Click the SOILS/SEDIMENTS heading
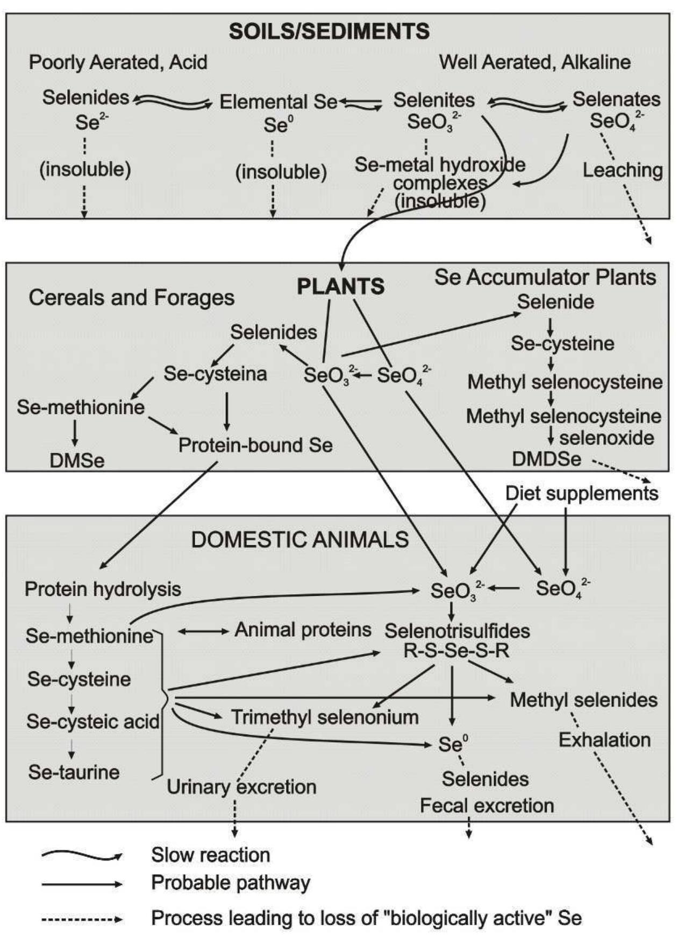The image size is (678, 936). pos(329,31)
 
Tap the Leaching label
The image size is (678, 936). pos(623,170)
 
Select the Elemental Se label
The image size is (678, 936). pos(278,102)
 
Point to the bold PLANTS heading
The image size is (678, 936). pos(341,286)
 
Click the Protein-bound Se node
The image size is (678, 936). pos(255,445)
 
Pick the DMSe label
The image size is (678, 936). pos(77,461)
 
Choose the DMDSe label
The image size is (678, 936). pos(546,459)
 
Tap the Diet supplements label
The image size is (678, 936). pos(581,493)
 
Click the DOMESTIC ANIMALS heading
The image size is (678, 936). pos(300,539)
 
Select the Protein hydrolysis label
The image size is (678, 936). pos(103,589)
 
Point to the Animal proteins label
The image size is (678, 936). pos(303,629)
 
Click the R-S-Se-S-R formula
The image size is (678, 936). pos(456,651)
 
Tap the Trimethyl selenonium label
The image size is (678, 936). pos(325,717)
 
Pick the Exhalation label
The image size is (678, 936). pos(604,740)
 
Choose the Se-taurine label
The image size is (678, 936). pos(74,772)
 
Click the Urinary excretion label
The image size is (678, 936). pos(241,787)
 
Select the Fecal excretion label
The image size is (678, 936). pos(487,805)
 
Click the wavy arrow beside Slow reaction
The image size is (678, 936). pos(82,855)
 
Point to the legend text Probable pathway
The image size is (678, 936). pos(231,883)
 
